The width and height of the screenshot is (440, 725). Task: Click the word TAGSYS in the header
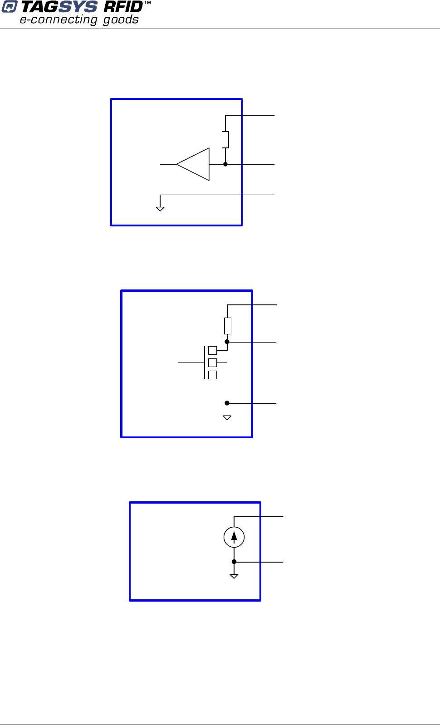pyautogui.click(x=59, y=7)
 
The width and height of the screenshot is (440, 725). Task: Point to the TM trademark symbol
pyautogui.click(x=147, y=3)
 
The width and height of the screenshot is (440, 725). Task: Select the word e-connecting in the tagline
pyautogui.click(x=59, y=20)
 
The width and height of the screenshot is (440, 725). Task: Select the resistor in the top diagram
pyautogui.click(x=225, y=139)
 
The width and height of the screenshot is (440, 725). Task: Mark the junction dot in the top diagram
pyautogui.click(x=225, y=164)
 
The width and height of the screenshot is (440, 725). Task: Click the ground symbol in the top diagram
pyautogui.click(x=160, y=208)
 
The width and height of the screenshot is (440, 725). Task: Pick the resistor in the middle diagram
pyautogui.click(x=228, y=326)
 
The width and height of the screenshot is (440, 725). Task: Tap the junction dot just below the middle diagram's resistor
pyautogui.click(x=227, y=342)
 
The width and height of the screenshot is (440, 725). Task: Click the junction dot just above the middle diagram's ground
pyautogui.click(x=227, y=403)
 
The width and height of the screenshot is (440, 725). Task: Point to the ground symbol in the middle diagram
pyautogui.click(x=227, y=417)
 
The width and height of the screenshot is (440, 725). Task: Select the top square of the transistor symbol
pyautogui.click(x=213, y=350)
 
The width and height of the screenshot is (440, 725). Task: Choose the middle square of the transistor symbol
pyautogui.click(x=213, y=362)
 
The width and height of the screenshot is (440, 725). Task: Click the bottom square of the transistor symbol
pyautogui.click(x=213, y=375)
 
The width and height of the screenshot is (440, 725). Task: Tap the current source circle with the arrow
pyautogui.click(x=234, y=538)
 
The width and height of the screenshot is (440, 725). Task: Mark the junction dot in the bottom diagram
pyautogui.click(x=234, y=562)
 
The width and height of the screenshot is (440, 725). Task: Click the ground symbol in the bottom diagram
pyautogui.click(x=234, y=576)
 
